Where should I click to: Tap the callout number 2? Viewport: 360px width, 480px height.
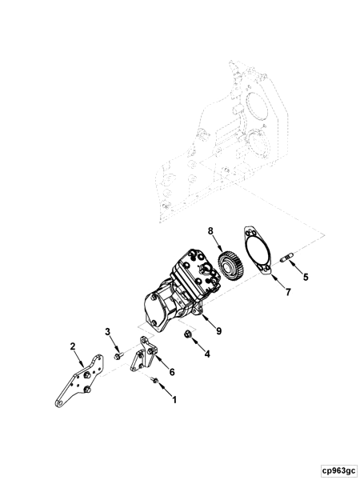(73, 346)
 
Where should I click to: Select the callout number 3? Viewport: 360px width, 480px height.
(106, 332)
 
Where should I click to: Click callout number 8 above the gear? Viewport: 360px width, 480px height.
(210, 233)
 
